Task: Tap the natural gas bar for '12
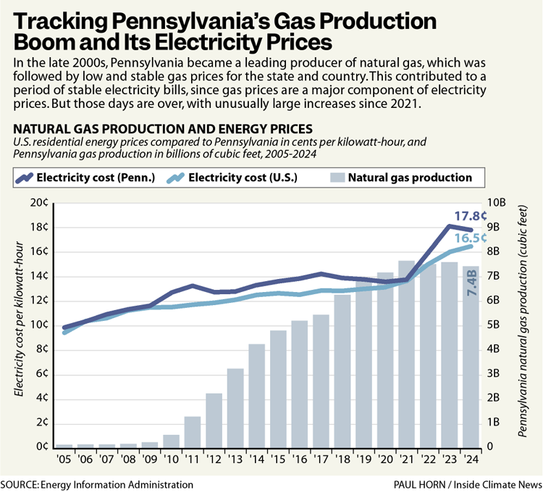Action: [x=214, y=420]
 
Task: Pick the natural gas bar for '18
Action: [x=342, y=370]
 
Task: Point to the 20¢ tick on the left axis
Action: [x=39, y=204]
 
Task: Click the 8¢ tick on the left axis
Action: [x=41, y=349]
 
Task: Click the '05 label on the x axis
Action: [x=64, y=460]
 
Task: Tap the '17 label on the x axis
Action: [x=321, y=460]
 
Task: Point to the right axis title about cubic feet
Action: [x=523, y=325]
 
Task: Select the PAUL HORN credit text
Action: [x=441, y=484]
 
